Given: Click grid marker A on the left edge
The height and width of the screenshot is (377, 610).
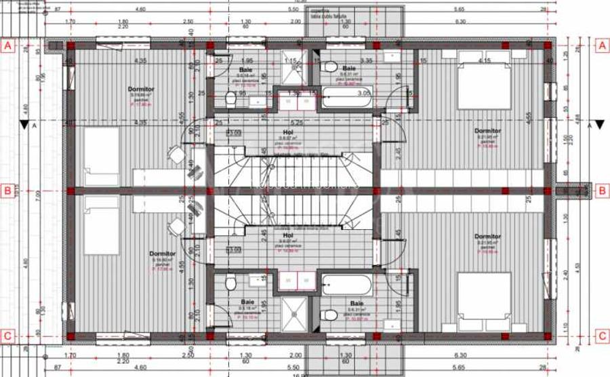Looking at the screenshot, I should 8,46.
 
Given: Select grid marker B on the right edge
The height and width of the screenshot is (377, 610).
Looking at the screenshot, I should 601,191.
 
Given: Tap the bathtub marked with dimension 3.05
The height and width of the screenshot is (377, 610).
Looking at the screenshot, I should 346,100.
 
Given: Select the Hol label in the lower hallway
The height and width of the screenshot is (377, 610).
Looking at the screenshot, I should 287,236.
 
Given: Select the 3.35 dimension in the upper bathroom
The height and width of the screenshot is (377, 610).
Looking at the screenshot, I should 367,60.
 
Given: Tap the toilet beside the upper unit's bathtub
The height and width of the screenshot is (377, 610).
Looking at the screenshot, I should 331,67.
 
